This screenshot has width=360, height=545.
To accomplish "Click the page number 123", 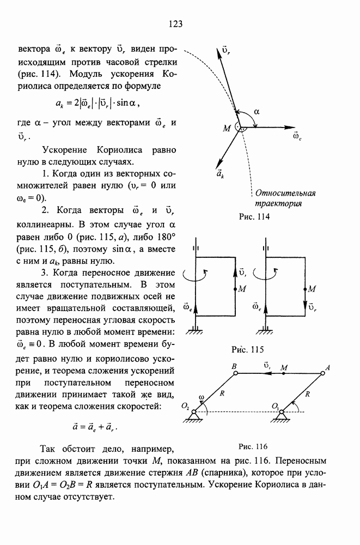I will (x=175, y=23).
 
